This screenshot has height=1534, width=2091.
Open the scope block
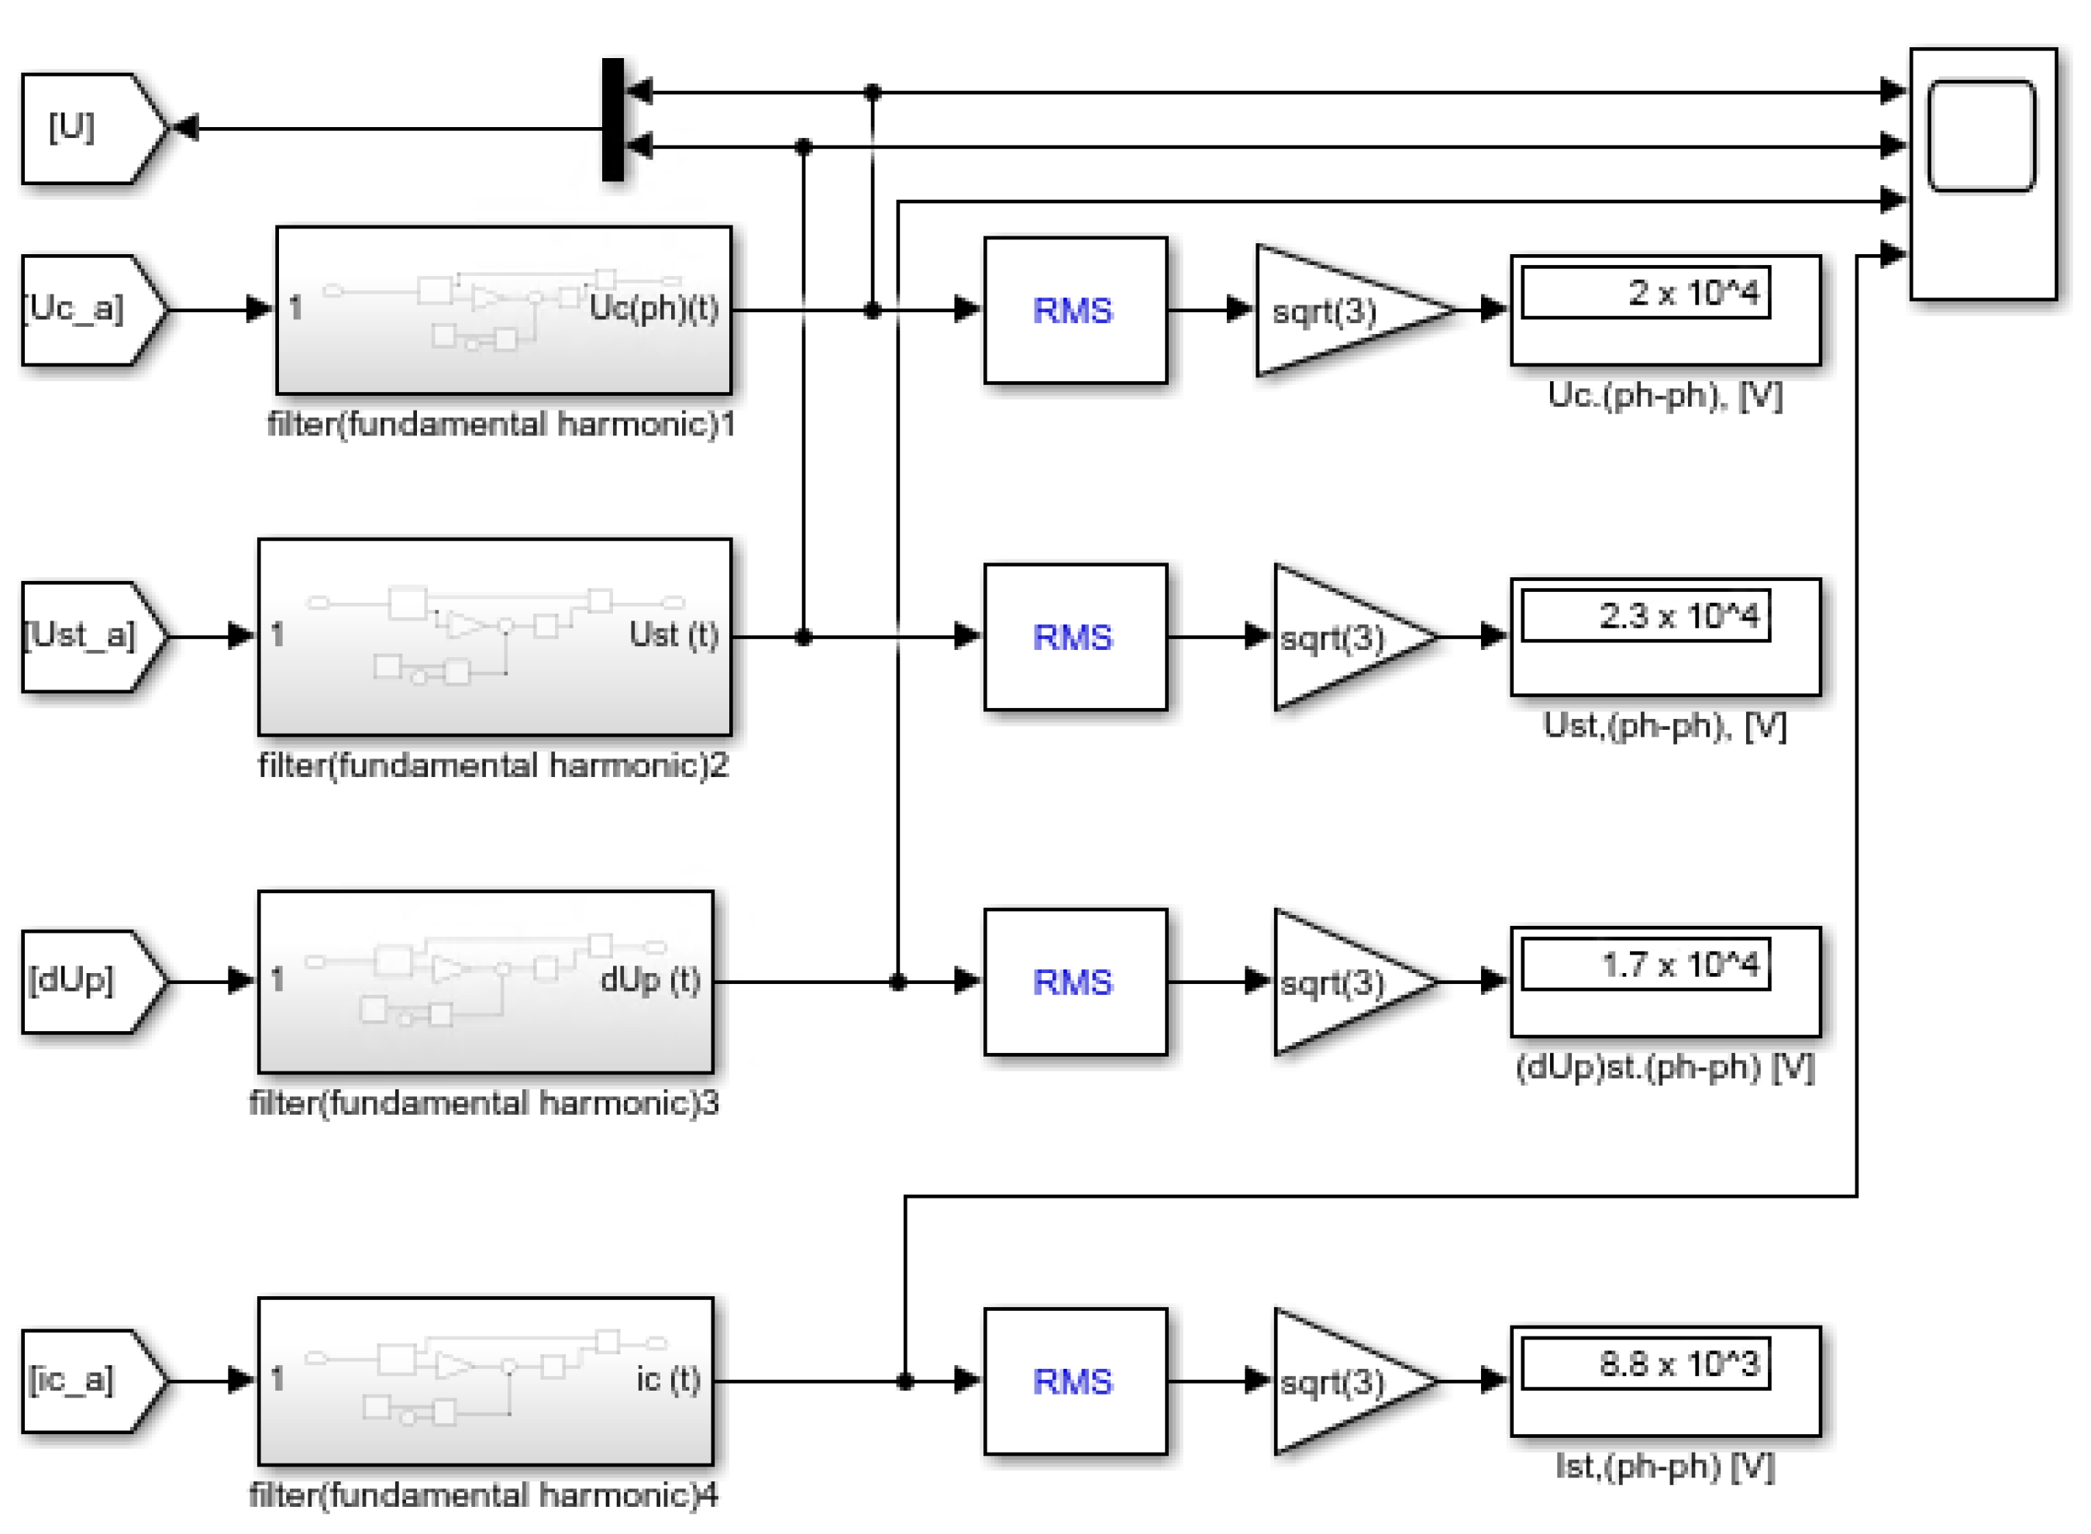[x=1982, y=174]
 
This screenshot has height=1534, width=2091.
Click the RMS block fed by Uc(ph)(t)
[x=1075, y=310]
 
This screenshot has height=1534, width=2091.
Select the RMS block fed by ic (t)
[x=1075, y=1381]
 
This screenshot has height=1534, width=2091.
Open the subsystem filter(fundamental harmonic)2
[x=494, y=636]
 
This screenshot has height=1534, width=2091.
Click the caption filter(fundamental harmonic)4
[x=483, y=1495]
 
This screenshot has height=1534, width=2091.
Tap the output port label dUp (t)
[x=649, y=979]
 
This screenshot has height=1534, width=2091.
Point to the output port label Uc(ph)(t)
[x=653, y=308]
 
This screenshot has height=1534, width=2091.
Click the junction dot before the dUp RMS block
[x=897, y=982]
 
